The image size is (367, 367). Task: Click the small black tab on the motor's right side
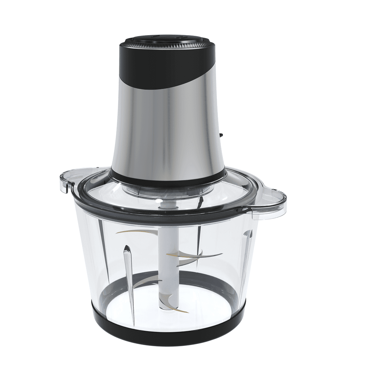pyautogui.click(x=221, y=135)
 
